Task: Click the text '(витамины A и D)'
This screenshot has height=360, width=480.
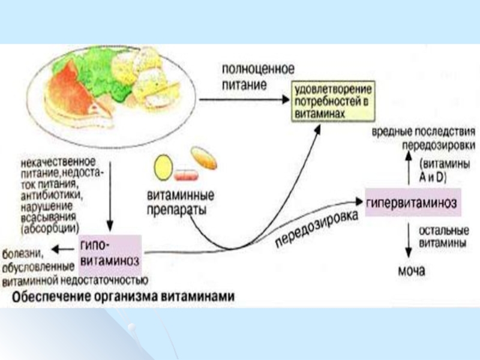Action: coord(443,170)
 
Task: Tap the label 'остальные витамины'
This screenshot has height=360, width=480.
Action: coord(443,236)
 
